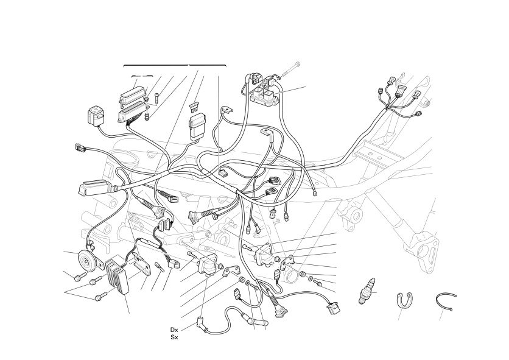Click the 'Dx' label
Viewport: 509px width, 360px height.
click(174, 330)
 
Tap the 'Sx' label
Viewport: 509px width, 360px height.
click(174, 337)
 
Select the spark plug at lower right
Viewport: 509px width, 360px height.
click(367, 291)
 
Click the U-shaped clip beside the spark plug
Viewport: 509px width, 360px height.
click(404, 300)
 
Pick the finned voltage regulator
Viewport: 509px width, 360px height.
click(118, 275)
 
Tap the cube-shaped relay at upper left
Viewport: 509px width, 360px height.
click(96, 116)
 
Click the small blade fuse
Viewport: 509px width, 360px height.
click(194, 107)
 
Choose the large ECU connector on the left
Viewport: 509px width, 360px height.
click(93, 188)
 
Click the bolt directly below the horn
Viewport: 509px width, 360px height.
click(80, 277)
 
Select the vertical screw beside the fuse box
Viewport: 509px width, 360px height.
click(157, 99)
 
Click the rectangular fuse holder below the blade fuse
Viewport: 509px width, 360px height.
click(197, 125)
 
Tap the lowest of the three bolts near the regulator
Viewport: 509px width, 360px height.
click(101, 296)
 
